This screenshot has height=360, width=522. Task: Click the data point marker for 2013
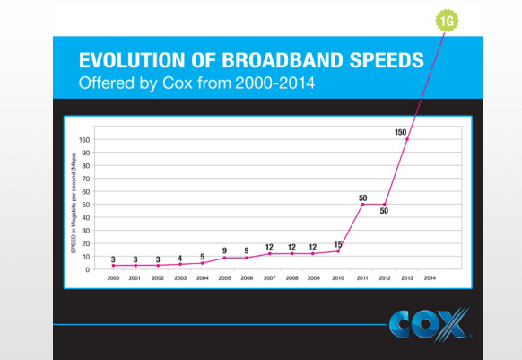[x=406, y=139]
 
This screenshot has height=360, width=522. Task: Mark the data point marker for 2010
[x=338, y=250]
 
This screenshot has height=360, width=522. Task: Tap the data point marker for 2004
[x=202, y=263]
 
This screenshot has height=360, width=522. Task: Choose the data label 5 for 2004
[x=202, y=255]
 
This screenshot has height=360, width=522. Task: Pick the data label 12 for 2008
[x=292, y=246]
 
